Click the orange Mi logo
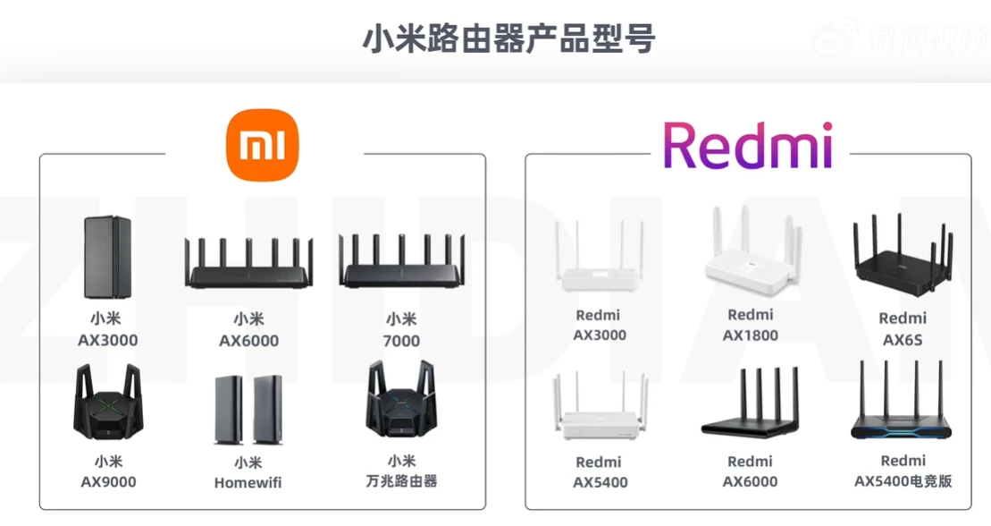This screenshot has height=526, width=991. click(263, 145)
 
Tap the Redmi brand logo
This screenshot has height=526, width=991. click(748, 146)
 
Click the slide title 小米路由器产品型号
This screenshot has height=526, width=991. click(508, 38)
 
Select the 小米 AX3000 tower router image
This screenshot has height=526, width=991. click(107, 257)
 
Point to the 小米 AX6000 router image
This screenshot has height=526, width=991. click(248, 263)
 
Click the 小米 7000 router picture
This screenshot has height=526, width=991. click(401, 261)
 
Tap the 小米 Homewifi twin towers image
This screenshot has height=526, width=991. click(248, 411)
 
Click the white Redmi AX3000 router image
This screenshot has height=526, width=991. click(599, 256)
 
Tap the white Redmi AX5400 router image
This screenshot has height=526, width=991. click(599, 407)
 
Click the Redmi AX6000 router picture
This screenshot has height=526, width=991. click(751, 402)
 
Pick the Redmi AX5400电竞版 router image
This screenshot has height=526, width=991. click(902, 400)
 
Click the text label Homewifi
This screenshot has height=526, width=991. click(248, 483)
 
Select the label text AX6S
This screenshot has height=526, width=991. click(903, 340)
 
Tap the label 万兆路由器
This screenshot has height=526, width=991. click(401, 481)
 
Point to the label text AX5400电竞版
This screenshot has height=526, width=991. click(903, 481)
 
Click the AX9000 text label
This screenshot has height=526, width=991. click(108, 481)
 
